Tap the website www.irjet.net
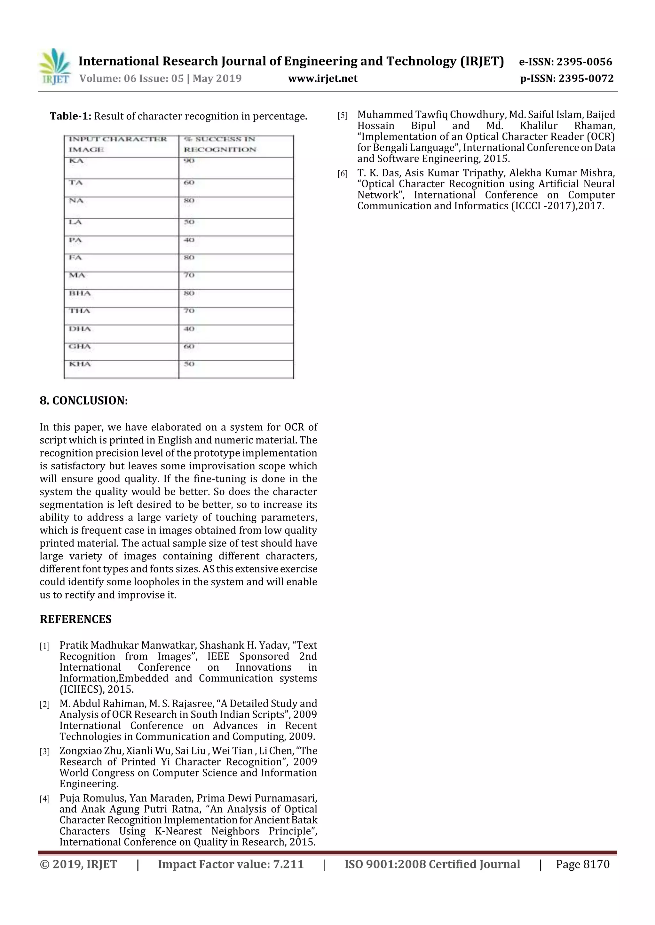coord(323,79)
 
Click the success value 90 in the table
coord(189,161)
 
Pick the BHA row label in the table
coord(80,293)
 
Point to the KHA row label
coord(80,364)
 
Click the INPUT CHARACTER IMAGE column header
coord(117,144)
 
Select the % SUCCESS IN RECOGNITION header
coord(220,144)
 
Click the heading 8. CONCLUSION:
coord(84,400)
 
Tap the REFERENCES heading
coord(75,619)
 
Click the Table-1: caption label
coord(71,116)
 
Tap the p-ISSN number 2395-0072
coord(586,79)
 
